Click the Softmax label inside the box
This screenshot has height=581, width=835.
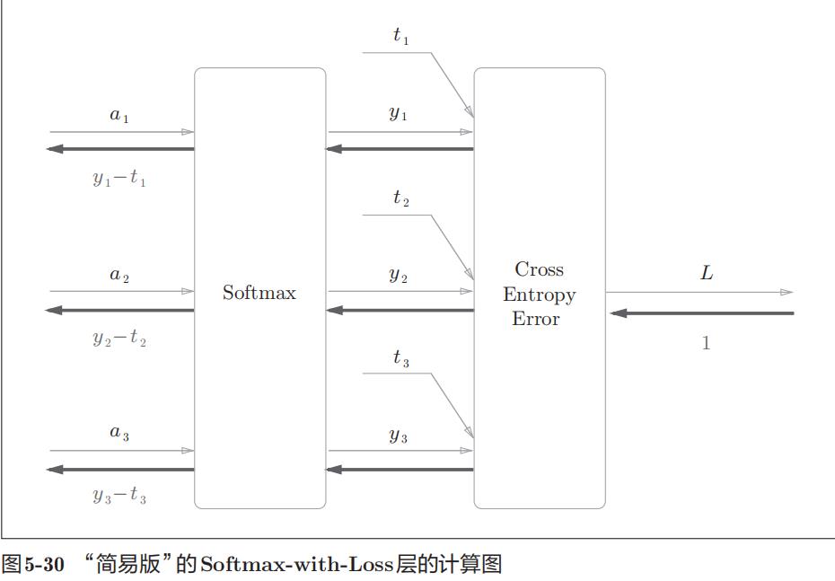[259, 293]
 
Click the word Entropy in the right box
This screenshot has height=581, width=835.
[539, 295]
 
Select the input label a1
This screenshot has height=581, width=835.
[119, 115]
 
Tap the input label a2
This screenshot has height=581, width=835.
[119, 275]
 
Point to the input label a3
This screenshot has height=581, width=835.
[119, 433]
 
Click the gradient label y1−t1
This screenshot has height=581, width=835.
[119, 178]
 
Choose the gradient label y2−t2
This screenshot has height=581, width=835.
[119, 338]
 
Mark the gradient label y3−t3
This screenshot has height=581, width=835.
[119, 496]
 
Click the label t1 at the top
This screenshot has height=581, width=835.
[401, 36]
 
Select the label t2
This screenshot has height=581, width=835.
[401, 198]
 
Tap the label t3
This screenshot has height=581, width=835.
[401, 358]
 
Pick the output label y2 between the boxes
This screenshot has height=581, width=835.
[399, 276]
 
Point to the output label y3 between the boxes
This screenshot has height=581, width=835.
[399, 436]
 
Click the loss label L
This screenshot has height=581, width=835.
[707, 273]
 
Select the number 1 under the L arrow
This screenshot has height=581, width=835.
[706, 343]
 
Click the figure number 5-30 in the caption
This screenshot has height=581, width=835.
[44, 565]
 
